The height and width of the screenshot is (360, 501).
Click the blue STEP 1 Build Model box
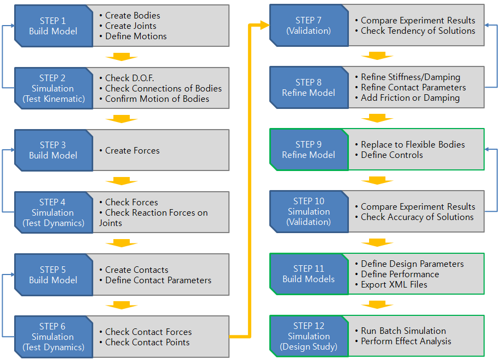click(53, 26)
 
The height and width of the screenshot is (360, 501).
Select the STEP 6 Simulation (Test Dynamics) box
click(53, 337)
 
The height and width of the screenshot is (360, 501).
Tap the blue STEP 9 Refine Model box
click(309, 150)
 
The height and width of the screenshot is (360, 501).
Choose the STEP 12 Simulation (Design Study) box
click(309, 336)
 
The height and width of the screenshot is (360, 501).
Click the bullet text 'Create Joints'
click(130, 26)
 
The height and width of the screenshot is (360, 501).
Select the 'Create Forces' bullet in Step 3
click(132, 151)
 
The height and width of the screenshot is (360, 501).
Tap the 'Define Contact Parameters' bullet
click(158, 280)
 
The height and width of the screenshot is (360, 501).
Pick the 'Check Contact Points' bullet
click(147, 342)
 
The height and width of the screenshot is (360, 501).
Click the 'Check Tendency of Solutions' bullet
click(418, 31)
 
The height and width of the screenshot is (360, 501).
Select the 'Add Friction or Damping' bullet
click(410, 98)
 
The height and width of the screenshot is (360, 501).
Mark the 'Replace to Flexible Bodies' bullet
click(413, 145)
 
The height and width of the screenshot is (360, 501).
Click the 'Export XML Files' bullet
click(394, 284)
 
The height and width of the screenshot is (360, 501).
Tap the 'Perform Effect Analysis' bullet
click(406, 341)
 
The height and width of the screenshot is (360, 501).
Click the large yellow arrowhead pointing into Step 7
click(264, 25)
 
